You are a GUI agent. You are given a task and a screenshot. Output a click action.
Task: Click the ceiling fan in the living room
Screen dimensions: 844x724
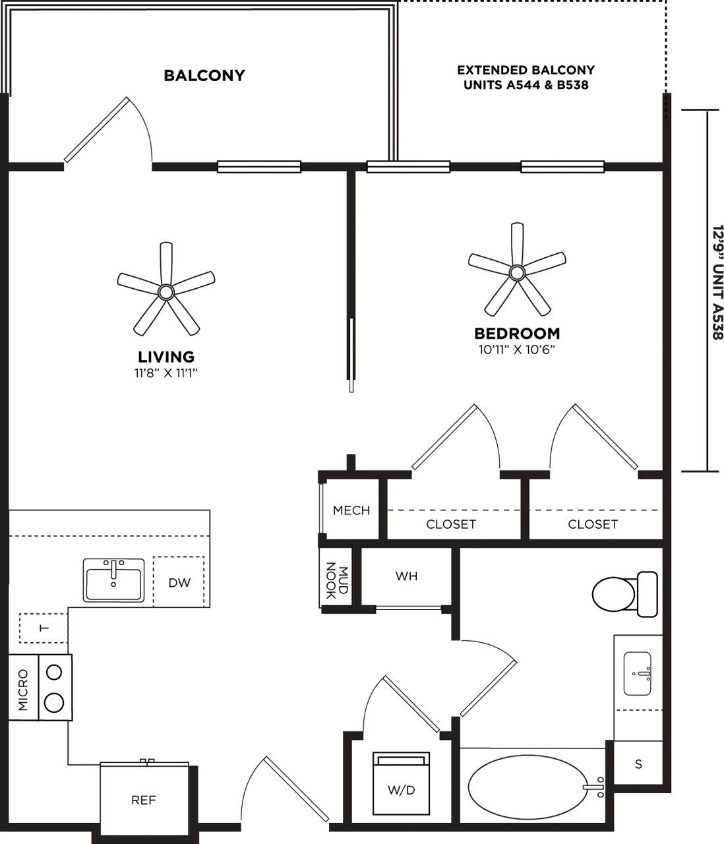166,290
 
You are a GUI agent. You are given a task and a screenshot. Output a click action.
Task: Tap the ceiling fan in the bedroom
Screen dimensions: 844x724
517,271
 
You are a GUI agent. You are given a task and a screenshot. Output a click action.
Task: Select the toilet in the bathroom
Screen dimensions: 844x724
624,594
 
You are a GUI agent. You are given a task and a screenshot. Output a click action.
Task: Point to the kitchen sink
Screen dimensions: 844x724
113,580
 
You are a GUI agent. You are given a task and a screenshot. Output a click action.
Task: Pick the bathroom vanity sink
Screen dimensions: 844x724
638,673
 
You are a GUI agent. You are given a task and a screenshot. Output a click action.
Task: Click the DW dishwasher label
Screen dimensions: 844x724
179,582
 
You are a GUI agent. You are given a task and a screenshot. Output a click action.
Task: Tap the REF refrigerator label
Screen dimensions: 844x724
144,800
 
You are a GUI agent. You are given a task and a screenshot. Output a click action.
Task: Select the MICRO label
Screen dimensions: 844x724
24,690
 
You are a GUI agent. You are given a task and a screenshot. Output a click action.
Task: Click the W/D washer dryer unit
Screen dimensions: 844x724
401,784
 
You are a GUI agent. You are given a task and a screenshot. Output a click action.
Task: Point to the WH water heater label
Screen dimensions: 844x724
406,576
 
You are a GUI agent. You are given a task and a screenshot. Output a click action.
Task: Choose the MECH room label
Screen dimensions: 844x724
351,510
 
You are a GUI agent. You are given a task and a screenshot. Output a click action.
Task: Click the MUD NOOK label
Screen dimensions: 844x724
336,580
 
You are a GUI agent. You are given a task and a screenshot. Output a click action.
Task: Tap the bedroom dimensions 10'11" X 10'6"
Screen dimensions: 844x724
517,349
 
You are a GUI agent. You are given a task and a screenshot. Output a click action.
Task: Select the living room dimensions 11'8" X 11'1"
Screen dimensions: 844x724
166,373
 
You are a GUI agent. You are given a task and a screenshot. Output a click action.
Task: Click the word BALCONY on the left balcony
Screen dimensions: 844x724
204,75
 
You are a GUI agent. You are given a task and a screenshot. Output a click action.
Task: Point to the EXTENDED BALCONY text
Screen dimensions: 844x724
526,70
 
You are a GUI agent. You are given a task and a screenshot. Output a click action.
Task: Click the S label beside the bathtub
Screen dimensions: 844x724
638,764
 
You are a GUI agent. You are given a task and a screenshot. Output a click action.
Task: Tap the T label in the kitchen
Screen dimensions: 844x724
44,628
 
